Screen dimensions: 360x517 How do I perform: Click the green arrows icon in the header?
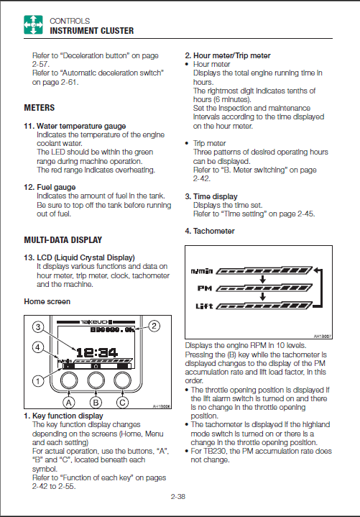[33, 24]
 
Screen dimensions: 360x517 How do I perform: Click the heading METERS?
[40, 108]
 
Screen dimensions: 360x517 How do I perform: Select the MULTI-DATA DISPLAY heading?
[63, 240]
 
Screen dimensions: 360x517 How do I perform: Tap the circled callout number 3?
[38, 327]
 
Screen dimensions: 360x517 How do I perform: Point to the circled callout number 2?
[154, 326]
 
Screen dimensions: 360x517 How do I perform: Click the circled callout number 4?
[38, 347]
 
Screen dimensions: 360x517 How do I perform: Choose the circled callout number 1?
[38, 381]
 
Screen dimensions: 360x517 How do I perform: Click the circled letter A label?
[69, 402]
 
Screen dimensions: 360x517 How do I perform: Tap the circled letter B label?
[96, 402]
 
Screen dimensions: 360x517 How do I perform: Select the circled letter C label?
[122, 402]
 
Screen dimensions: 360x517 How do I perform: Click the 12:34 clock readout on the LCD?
[96, 353]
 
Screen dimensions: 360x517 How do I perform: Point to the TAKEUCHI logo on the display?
[96, 322]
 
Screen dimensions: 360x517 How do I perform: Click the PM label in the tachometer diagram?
[205, 288]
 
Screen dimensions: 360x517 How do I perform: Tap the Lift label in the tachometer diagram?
[204, 306]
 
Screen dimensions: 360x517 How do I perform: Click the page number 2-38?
[178, 496]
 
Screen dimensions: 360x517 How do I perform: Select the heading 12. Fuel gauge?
[50, 187]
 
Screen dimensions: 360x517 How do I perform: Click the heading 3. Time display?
[211, 196]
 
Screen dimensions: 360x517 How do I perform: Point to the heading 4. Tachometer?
[210, 231]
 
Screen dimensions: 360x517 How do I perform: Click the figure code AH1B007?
[323, 337]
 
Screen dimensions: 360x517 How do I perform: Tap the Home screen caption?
[47, 302]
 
